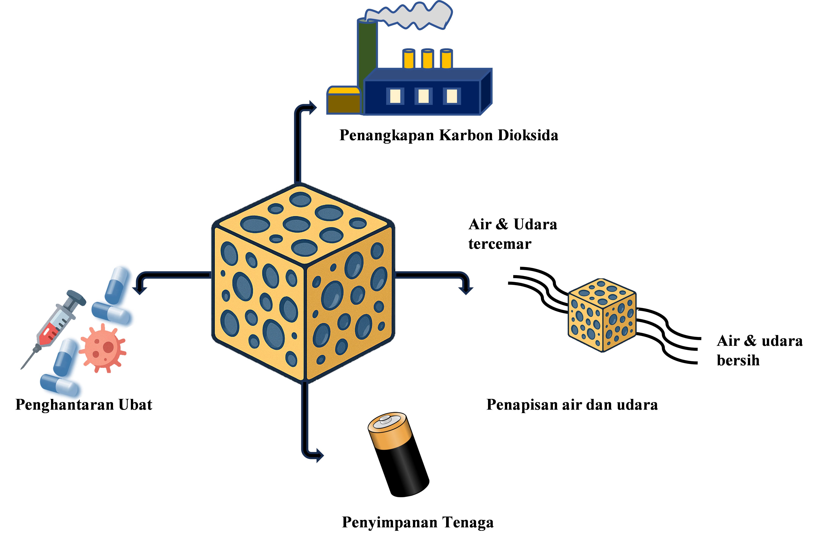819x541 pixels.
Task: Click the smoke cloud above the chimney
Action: [411, 16]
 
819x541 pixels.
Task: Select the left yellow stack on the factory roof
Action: [409, 59]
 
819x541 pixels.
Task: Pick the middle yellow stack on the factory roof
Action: [428, 59]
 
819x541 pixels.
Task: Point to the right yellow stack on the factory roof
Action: [446, 59]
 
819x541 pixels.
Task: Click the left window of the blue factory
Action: [395, 96]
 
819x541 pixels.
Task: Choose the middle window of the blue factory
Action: [423, 96]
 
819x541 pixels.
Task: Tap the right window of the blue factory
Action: [452, 96]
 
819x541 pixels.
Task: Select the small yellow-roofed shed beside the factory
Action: [343, 100]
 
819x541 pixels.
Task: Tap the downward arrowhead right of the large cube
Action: [466, 290]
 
